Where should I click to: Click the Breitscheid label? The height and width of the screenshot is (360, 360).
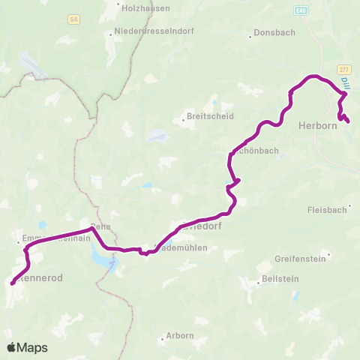point(211,117)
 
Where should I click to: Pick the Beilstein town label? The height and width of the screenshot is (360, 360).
point(274,283)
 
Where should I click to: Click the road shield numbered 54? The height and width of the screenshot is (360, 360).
point(73,19)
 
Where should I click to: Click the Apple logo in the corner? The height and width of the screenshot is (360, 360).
point(11,347)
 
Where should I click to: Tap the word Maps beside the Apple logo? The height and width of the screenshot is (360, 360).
point(32,347)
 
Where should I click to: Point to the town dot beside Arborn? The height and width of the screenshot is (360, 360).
point(163,340)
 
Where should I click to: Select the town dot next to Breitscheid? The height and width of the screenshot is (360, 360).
point(182,118)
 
